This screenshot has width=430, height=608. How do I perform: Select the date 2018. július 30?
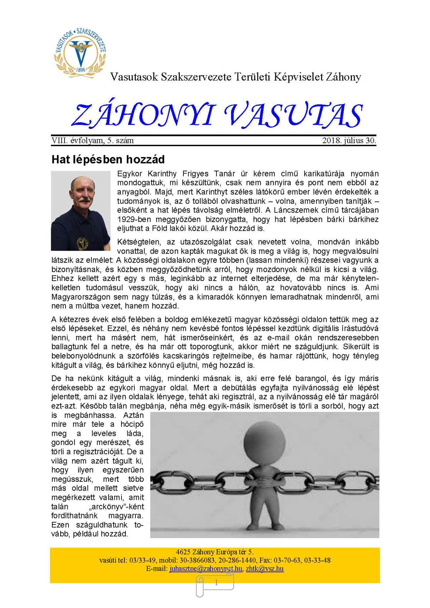point(349,141)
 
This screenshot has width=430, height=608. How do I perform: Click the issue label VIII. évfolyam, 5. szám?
point(92,141)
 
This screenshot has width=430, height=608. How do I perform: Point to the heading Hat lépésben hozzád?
point(108,159)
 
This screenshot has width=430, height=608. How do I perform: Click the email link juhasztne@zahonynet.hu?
point(206,569)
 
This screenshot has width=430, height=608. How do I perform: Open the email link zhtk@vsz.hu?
point(265,569)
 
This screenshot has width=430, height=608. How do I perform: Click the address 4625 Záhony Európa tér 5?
point(215,552)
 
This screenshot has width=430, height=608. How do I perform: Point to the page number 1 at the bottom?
point(216,583)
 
